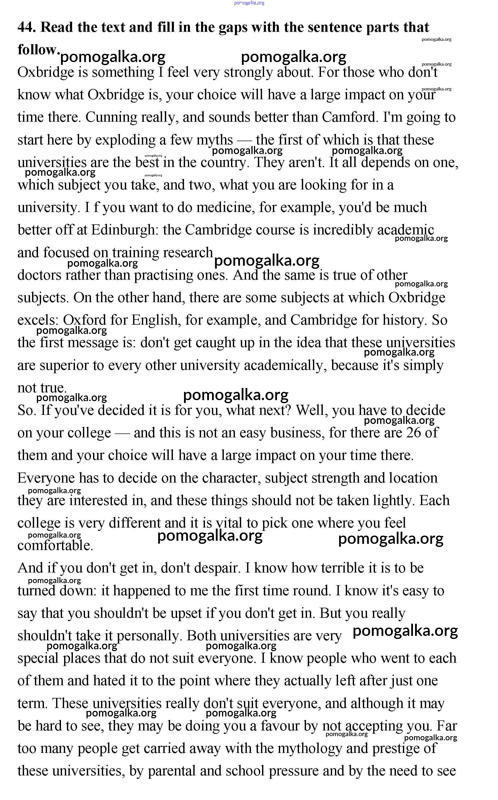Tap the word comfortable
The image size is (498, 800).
(55, 546)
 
